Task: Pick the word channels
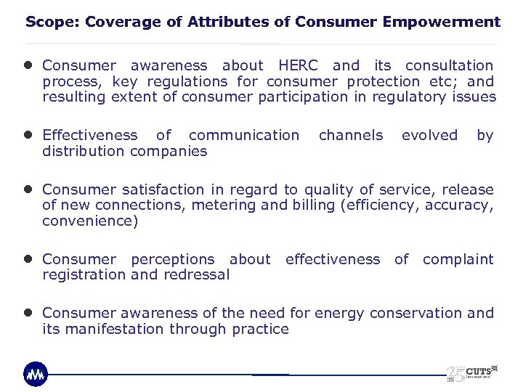[350, 135]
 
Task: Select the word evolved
[429, 135]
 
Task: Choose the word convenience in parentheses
[90, 221]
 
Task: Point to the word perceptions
[172, 259]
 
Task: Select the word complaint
[458, 259]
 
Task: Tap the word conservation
[416, 313]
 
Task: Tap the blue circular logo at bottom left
[35, 373]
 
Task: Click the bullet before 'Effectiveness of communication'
[29, 135]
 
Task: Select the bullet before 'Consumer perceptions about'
[29, 259]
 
